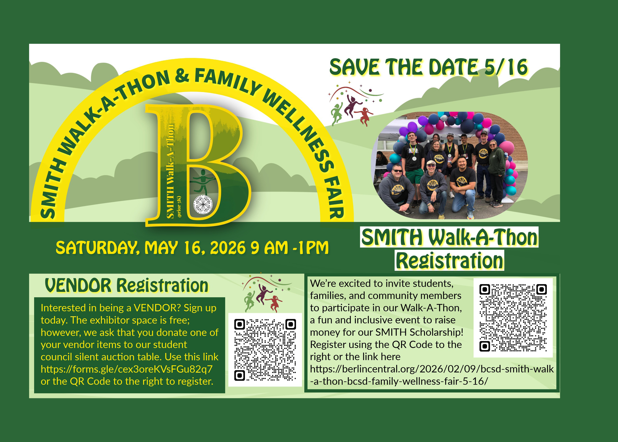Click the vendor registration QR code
[265, 350]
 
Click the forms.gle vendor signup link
[127, 369]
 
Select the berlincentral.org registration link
[432, 375]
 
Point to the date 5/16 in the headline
[506, 67]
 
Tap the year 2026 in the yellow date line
[227, 248]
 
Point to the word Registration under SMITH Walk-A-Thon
[449, 260]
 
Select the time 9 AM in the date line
[269, 248]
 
